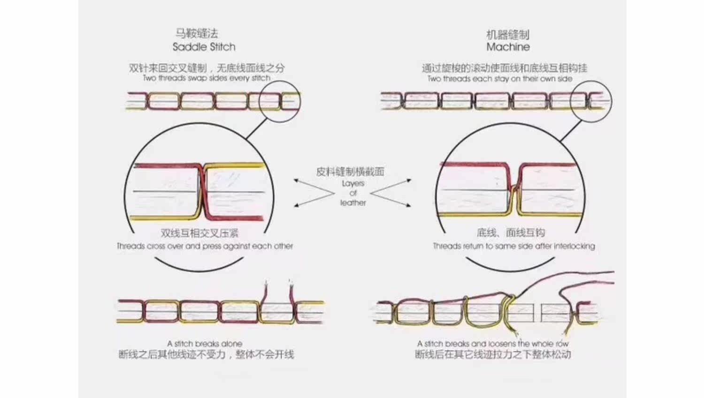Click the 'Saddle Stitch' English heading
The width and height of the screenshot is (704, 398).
tap(204, 47)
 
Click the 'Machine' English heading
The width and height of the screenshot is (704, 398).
tap(508, 47)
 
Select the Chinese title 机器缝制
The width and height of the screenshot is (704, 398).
tap(508, 35)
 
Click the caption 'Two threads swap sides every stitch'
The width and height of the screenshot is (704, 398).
tap(207, 78)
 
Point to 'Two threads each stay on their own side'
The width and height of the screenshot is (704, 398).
tap(500, 79)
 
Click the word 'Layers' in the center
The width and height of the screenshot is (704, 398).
tap(353, 183)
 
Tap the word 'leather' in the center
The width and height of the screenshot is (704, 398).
tap(353, 203)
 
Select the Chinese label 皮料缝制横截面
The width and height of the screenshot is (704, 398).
tap(350, 172)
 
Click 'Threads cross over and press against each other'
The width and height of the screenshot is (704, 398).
tap(205, 246)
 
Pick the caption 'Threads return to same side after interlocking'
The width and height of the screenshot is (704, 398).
tap(514, 246)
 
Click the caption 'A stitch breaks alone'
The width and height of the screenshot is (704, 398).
tap(205, 344)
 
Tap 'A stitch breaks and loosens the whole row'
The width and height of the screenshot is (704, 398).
tap(493, 344)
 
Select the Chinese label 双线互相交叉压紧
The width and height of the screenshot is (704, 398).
tap(199, 233)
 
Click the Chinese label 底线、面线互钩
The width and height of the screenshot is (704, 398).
tap(511, 233)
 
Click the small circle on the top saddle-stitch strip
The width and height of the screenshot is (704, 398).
tap(280, 101)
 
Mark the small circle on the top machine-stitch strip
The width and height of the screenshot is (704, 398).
tap(591, 101)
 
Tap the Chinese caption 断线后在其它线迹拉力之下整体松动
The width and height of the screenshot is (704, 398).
tap(493, 354)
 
